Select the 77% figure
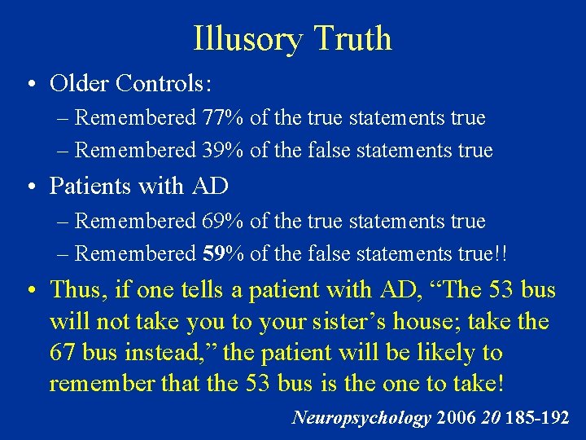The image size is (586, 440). [223, 118]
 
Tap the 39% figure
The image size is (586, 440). [223, 151]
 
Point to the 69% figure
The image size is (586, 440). [223, 222]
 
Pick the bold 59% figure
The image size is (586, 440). [224, 254]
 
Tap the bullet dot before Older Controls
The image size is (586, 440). [29, 84]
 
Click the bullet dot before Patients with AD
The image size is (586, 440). [29, 187]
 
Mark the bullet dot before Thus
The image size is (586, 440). [29, 289]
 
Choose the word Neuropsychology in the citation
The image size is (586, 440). [361, 418]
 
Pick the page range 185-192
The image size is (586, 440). [536, 418]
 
